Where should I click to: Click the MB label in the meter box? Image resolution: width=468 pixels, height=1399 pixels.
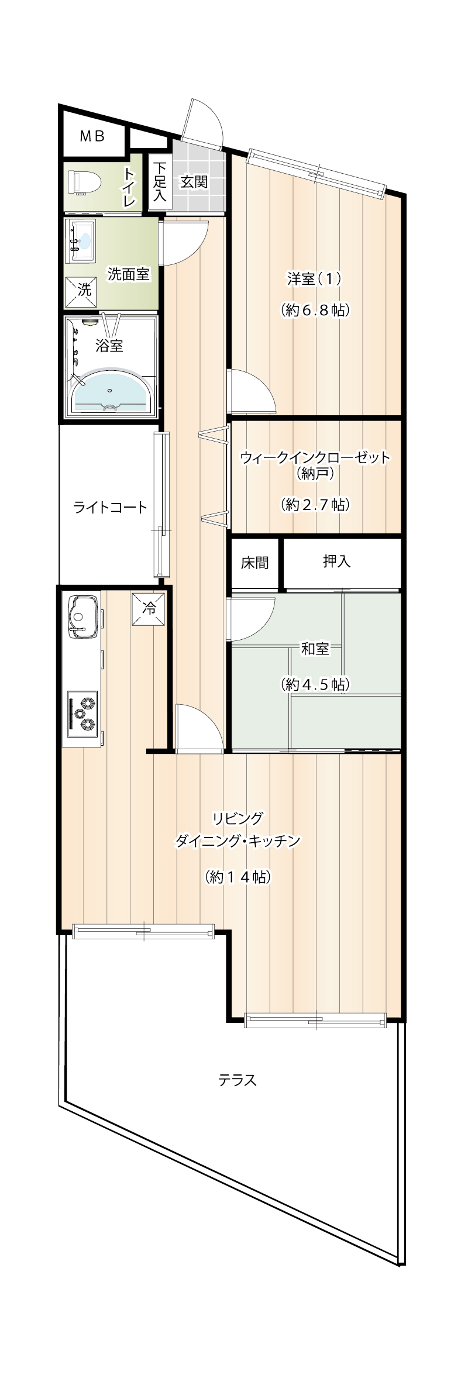[x=92, y=136]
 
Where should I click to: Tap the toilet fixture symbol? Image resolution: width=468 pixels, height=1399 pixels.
[x=85, y=181]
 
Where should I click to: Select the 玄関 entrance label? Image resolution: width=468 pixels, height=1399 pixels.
[x=194, y=182]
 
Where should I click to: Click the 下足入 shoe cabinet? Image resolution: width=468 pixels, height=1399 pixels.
[x=160, y=181]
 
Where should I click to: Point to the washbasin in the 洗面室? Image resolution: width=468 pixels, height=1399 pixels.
[x=81, y=242]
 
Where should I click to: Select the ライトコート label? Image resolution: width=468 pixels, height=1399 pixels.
[x=110, y=507]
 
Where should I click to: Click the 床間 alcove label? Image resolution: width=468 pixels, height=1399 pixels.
[x=255, y=563]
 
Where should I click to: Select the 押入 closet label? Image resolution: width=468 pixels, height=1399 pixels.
[x=337, y=561]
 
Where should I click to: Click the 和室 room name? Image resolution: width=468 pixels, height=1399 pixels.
[x=315, y=649]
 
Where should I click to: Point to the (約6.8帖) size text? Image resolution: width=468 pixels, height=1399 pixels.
[x=315, y=309]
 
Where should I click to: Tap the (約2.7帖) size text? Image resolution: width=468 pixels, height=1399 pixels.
[x=315, y=504]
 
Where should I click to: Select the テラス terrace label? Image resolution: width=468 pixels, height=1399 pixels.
[x=238, y=1080]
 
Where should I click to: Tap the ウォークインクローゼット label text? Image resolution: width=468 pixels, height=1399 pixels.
[x=315, y=457]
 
